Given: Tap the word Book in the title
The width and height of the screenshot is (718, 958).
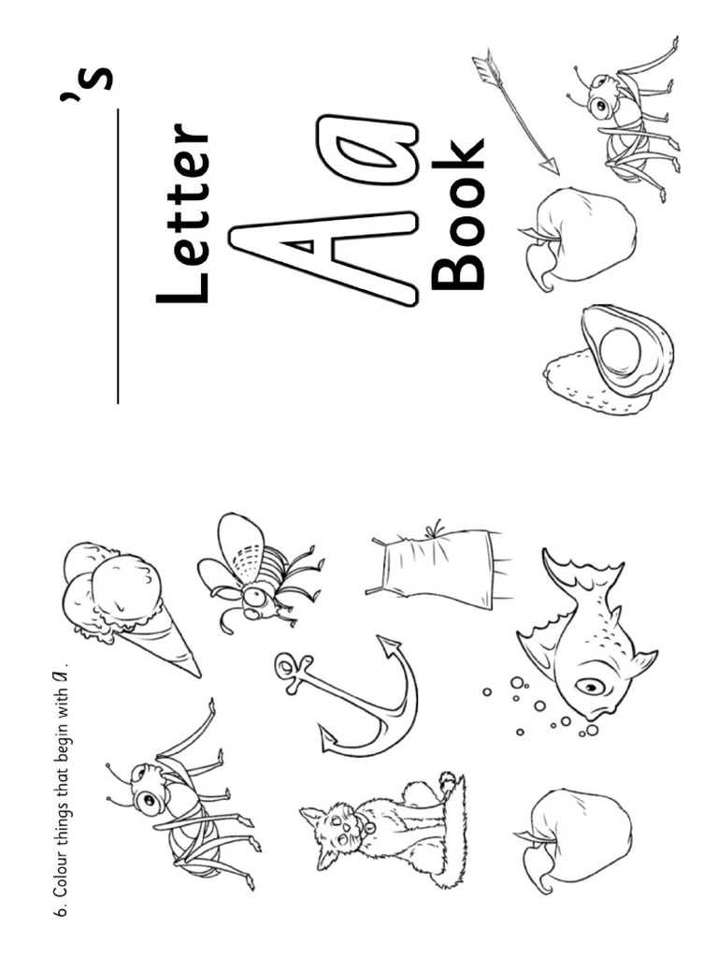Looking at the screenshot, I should pyautogui.click(x=459, y=215).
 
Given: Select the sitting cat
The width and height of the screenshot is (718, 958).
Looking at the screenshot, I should pyautogui.click(x=383, y=823).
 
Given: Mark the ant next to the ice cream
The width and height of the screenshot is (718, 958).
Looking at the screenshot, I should pyautogui.click(x=178, y=795).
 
